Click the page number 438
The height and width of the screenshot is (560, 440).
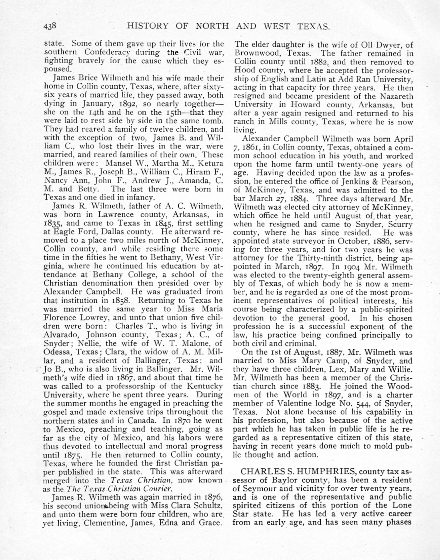coord(51,26)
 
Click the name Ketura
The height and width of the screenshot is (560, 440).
coord(208,163)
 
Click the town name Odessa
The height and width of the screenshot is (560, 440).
coord(56,352)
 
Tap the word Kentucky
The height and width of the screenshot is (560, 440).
coord(203,386)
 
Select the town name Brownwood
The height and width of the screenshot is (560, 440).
coord(255,53)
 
